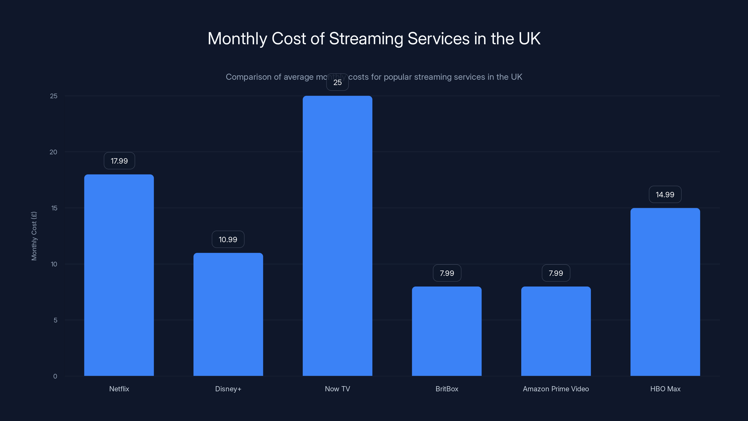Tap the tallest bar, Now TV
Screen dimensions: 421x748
pyautogui.click(x=337, y=236)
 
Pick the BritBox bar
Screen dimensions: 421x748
pyautogui.click(x=447, y=331)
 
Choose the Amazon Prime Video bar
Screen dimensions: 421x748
pyautogui.click(x=556, y=331)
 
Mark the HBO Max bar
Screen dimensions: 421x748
pyautogui.click(x=665, y=292)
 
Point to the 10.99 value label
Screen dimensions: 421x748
pyautogui.click(x=228, y=240)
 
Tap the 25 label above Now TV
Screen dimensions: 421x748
pyautogui.click(x=337, y=83)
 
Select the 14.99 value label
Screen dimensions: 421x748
pyautogui.click(x=665, y=194)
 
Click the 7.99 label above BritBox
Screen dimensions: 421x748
pyautogui.click(x=447, y=273)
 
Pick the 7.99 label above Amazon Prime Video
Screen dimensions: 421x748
pyautogui.click(x=556, y=273)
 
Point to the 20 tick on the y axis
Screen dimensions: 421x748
pyautogui.click(x=54, y=152)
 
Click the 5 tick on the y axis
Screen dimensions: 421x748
pyautogui.click(x=55, y=320)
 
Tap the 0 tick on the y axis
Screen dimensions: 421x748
pyautogui.click(x=55, y=376)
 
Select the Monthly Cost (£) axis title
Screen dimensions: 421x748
pyautogui.click(x=34, y=236)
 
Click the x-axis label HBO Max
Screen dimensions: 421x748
pyautogui.click(x=665, y=389)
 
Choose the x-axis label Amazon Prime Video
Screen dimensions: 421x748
pyautogui.click(x=556, y=389)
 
